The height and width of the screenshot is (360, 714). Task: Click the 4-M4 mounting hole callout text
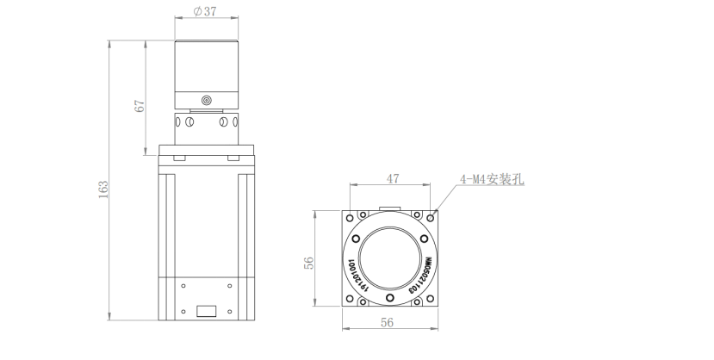[494, 180]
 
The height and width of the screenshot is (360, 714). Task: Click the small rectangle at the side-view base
[206, 311]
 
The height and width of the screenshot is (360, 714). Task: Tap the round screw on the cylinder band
[206, 102]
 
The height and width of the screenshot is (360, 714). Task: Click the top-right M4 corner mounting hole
[432, 216]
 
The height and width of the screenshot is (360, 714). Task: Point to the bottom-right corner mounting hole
[432, 301]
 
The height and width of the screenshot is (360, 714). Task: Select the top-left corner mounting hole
[351, 216]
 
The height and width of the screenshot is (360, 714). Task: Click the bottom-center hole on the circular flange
[390, 299]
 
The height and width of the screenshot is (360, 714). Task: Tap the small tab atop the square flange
[390, 207]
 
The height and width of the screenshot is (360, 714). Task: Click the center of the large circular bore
[390, 259]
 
